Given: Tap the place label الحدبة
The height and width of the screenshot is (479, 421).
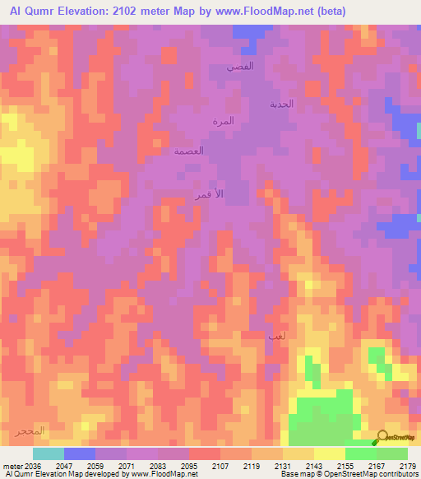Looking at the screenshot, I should coord(282,105).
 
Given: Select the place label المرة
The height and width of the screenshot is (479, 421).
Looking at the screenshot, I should coord(223,121).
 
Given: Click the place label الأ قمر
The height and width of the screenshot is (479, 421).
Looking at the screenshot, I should coord(208,195).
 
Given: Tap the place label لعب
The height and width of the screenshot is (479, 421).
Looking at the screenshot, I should coord(275,337).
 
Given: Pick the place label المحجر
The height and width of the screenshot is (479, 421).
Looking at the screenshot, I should coord(30,431).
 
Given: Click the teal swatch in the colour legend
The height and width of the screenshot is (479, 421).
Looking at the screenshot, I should coord(49,453).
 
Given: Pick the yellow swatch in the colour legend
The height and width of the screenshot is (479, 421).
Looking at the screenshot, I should coord(329,453).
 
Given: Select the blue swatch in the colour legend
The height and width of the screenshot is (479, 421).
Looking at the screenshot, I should coord(80,453).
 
